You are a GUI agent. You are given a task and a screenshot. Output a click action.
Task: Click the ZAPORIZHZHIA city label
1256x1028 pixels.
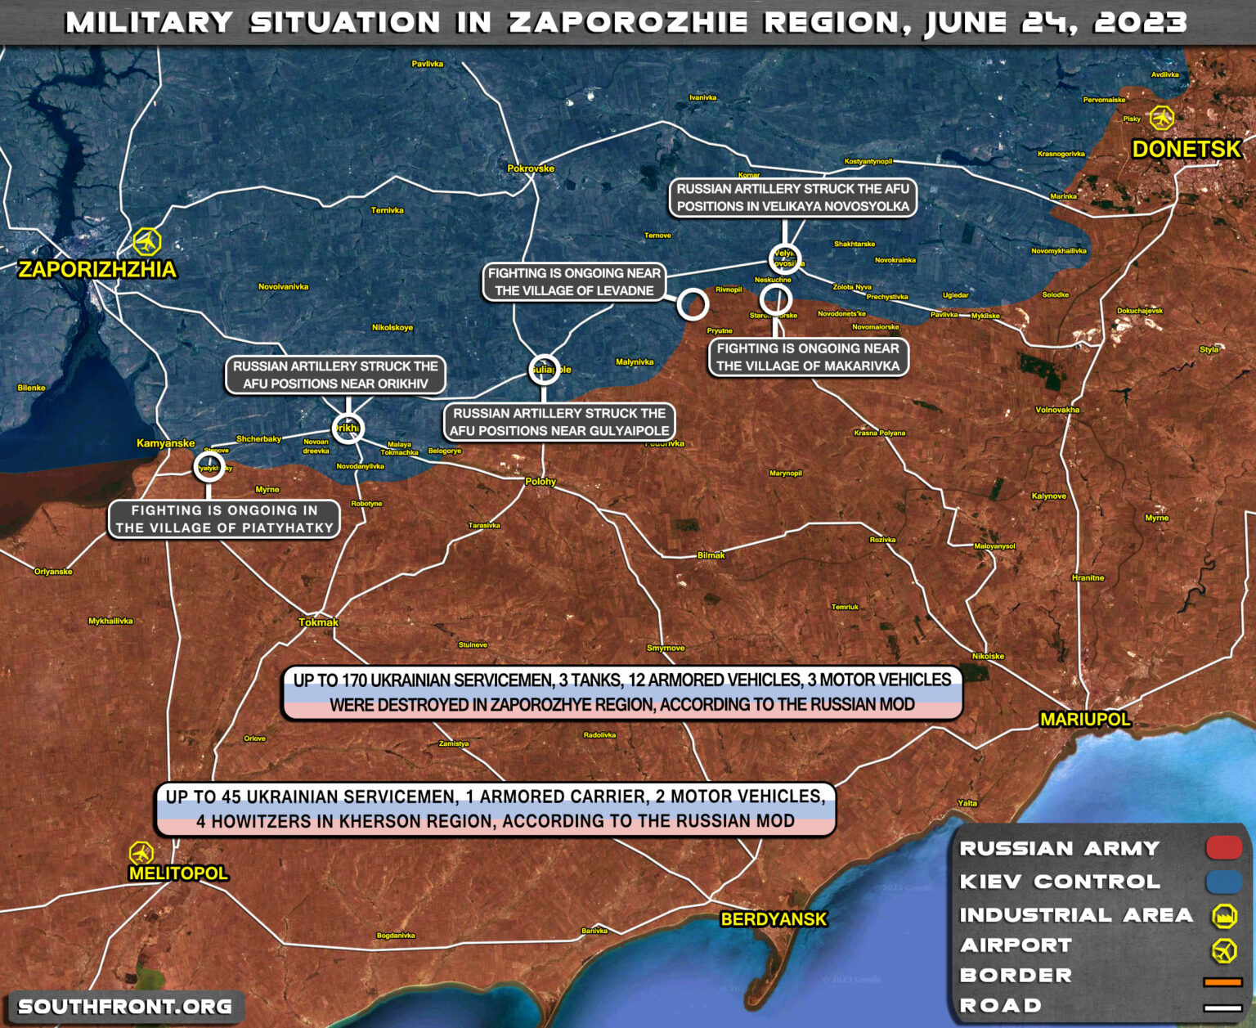click(x=97, y=270)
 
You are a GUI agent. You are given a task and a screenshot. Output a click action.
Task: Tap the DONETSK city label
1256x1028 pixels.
click(x=1186, y=149)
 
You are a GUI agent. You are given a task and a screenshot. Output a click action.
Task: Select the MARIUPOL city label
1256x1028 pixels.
click(x=1084, y=720)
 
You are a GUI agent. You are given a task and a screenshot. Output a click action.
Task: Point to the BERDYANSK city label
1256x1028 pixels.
click(x=774, y=919)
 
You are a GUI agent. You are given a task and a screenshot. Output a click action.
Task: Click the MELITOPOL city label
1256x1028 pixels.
click(x=178, y=873)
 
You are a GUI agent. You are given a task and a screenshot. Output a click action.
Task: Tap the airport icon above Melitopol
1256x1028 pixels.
click(x=141, y=853)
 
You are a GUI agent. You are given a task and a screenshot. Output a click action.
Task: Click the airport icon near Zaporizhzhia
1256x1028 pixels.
click(x=147, y=242)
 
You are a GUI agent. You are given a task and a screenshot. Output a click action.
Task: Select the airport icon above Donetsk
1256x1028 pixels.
click(x=1161, y=118)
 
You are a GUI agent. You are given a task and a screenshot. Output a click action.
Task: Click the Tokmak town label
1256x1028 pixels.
click(x=318, y=622)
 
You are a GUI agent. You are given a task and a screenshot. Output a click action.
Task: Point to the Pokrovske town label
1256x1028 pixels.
click(x=531, y=168)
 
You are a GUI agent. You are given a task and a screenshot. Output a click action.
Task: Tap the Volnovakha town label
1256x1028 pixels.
click(x=1057, y=410)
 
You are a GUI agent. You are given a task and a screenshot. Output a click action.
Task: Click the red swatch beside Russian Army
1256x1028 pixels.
click(x=1223, y=848)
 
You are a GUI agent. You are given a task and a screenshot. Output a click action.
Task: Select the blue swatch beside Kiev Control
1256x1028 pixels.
click(x=1223, y=882)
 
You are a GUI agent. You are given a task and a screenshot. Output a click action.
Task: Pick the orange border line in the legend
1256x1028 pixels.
click(x=1222, y=981)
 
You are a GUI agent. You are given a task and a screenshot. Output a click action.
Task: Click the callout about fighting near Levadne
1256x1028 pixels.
click(x=574, y=282)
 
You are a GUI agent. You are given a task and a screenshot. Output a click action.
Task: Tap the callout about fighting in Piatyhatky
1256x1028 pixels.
click(x=224, y=519)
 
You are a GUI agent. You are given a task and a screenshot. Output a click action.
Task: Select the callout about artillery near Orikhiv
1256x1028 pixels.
click(x=335, y=375)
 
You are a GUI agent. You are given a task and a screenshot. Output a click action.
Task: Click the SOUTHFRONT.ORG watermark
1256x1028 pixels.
click(x=125, y=1007)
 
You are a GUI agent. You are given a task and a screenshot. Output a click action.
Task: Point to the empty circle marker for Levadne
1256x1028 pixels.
click(x=693, y=304)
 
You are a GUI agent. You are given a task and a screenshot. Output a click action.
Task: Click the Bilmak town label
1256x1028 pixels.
click(x=711, y=555)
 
